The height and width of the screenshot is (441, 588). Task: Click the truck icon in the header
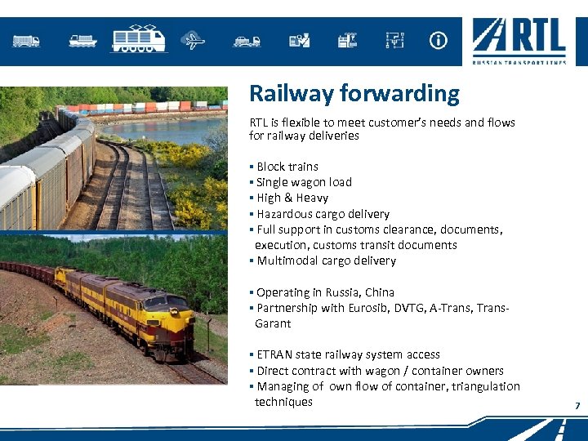point(26,40)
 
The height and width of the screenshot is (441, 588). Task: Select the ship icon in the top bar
point(82,40)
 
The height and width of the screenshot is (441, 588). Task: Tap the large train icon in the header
point(138,38)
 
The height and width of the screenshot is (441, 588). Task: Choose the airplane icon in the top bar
point(193,40)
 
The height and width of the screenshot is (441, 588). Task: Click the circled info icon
point(439,40)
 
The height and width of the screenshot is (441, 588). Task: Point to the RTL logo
point(519,41)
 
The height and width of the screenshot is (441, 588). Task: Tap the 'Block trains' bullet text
point(287,167)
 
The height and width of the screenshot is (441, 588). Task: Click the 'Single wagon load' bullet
point(304,182)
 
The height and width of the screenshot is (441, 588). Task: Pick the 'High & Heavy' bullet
point(292,198)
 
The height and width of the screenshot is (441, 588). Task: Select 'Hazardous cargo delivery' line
point(323,214)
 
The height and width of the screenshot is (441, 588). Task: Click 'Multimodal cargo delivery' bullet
point(326,261)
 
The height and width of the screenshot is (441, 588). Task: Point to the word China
point(380,292)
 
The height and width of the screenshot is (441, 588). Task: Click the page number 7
point(577,406)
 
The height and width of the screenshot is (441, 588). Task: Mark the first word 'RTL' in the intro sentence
point(258,122)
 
